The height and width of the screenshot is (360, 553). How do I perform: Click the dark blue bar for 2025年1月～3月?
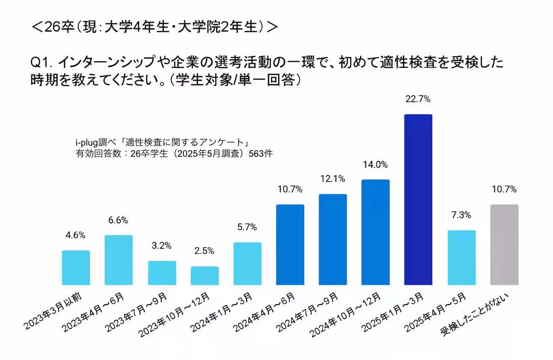[x=418, y=200]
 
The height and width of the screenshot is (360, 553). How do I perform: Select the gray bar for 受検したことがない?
[x=504, y=245]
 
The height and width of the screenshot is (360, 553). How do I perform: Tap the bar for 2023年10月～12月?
[x=205, y=276]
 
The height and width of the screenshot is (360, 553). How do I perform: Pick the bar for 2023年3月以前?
[x=76, y=267]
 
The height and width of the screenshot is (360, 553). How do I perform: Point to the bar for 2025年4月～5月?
[x=462, y=257]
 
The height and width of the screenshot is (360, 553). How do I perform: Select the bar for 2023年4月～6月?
[x=119, y=260]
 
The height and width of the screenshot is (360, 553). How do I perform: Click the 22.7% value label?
[x=418, y=99]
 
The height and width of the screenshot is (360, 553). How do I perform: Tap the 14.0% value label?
[x=375, y=164]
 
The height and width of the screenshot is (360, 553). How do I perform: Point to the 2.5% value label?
[x=205, y=251]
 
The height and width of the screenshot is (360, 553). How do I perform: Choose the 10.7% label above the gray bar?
[x=504, y=190]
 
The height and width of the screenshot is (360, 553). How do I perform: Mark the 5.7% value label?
[x=248, y=227]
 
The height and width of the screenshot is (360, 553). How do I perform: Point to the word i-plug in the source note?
[x=85, y=143]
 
